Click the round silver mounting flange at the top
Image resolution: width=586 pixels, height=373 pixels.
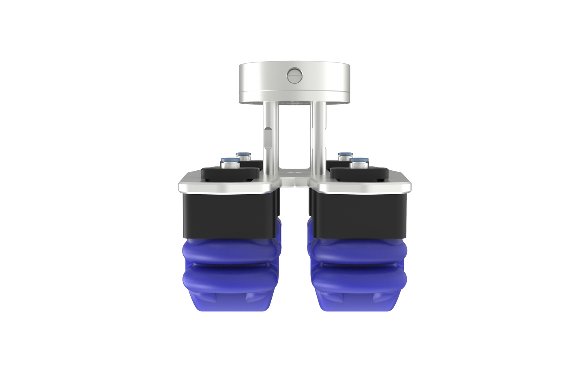click(260, 83)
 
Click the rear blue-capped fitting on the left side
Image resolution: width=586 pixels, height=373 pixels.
click(243, 155)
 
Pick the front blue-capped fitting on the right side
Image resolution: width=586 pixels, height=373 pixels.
click(358, 163)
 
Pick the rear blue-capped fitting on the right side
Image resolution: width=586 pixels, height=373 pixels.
click(345, 155)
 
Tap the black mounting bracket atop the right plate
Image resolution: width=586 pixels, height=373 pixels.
click(357, 174)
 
